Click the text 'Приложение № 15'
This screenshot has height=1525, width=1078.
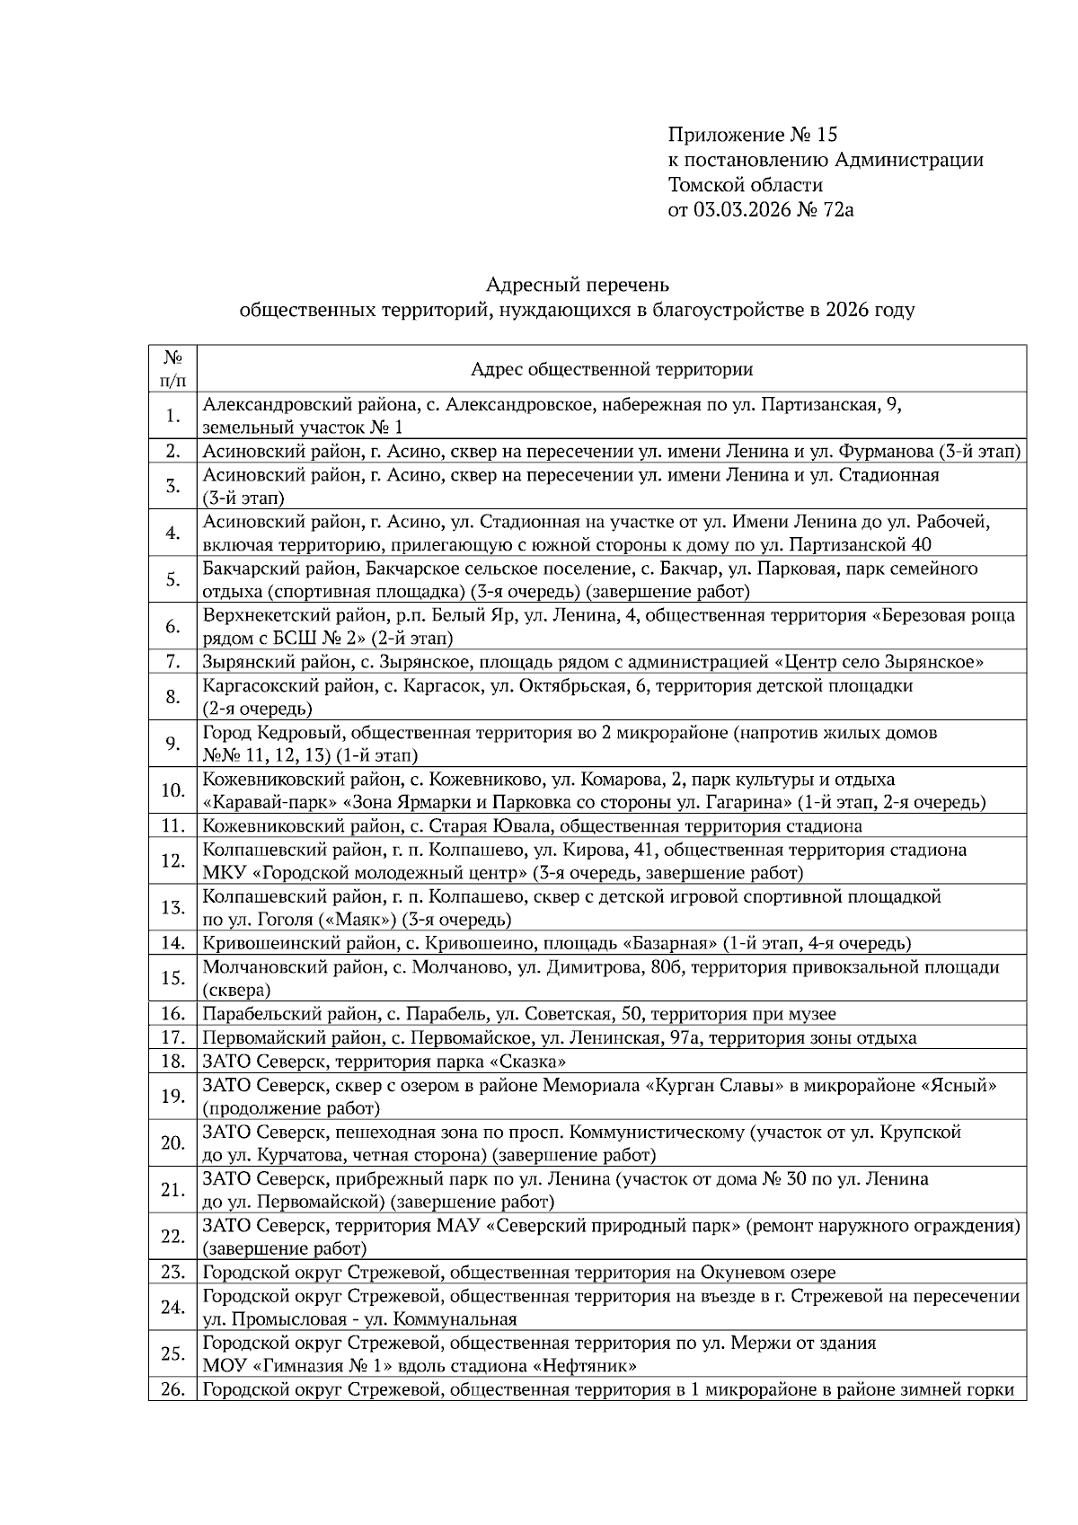752,135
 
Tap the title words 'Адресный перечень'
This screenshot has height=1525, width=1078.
577,285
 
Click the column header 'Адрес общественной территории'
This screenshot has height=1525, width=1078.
612,369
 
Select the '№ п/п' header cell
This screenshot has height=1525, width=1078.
173,369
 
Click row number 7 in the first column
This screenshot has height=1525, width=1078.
173,662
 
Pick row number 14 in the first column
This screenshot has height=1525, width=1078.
173,943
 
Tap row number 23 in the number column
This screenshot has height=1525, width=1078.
173,1272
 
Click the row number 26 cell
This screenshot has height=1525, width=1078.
173,1390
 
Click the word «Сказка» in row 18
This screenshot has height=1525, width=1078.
533,1061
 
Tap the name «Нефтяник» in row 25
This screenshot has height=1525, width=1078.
585,1367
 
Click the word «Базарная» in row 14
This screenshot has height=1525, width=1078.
670,943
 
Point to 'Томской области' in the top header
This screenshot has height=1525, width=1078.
745,185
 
